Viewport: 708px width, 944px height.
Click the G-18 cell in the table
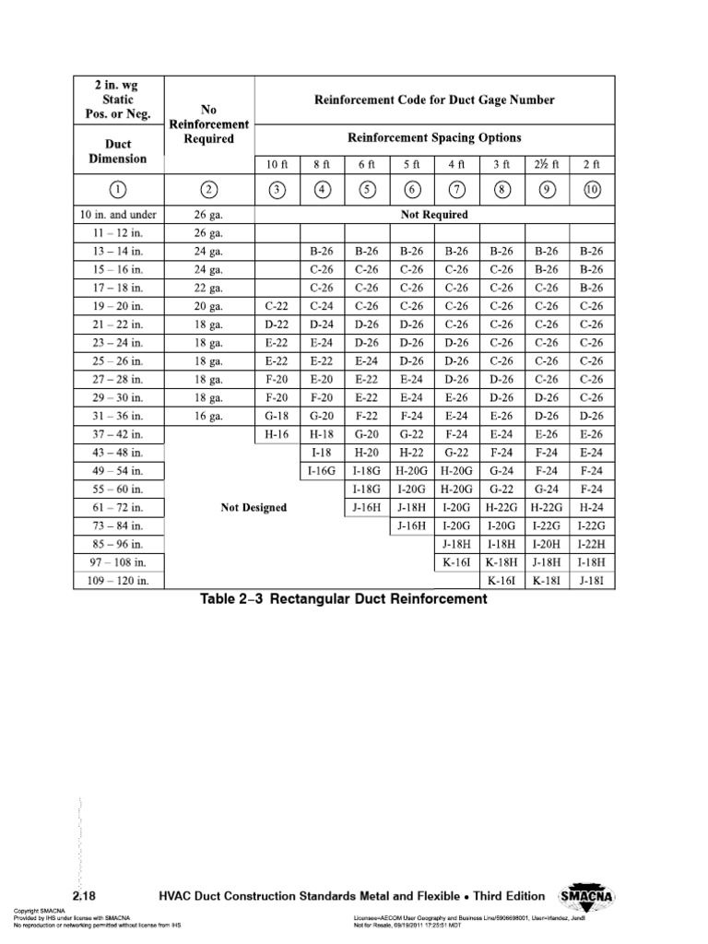[x=277, y=417]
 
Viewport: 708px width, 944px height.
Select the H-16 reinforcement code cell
[x=277, y=434]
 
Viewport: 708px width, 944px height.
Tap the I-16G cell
[x=322, y=471]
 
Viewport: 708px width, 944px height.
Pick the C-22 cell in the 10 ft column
[x=277, y=306]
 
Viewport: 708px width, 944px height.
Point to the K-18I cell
[x=547, y=581]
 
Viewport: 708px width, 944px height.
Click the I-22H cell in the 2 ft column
[x=591, y=544]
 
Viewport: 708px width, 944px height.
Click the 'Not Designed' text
[x=254, y=507]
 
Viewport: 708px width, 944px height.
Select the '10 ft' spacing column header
[x=277, y=163]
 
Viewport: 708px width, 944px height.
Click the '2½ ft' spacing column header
[x=547, y=163]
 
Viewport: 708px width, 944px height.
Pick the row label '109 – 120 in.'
[x=118, y=581]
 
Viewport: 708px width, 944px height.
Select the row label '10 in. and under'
[x=118, y=215]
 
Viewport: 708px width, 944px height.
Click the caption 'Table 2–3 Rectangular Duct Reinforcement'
[x=344, y=599]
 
